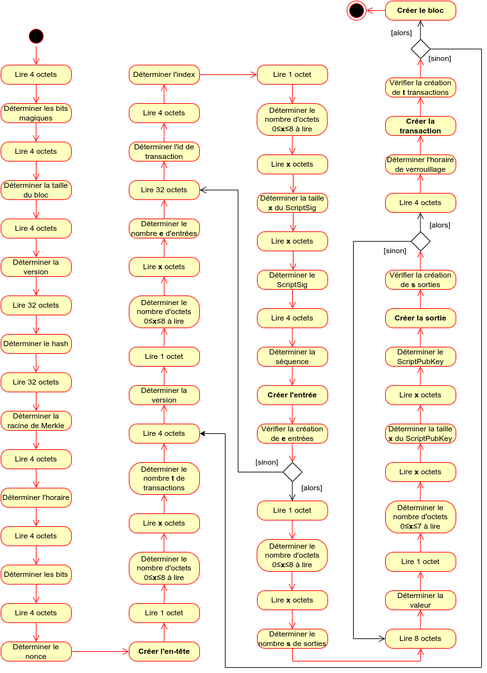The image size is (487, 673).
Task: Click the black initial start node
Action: (x=36, y=36)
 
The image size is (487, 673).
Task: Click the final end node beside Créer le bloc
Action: (x=356, y=10)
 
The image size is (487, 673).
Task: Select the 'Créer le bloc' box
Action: (x=420, y=10)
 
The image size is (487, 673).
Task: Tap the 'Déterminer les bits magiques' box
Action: (x=36, y=113)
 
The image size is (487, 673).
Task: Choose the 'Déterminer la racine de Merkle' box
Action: (x=36, y=420)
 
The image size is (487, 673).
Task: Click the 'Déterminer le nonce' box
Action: (x=36, y=651)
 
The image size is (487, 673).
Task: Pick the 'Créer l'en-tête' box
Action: (x=164, y=651)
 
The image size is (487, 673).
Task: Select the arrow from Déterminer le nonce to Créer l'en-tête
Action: (x=100, y=651)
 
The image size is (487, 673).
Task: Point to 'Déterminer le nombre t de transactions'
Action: (x=164, y=478)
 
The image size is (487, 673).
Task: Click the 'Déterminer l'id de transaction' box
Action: (x=164, y=151)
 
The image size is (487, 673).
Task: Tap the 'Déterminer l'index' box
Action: (x=164, y=74)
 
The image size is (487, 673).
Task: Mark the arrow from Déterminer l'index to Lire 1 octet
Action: (x=228, y=74)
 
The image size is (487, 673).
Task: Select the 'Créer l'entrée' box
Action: (x=292, y=395)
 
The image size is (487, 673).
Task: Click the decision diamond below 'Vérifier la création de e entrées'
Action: (x=292, y=472)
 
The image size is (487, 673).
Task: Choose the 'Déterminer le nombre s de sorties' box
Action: (x=292, y=638)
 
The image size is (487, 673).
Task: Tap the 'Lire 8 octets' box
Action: (x=420, y=638)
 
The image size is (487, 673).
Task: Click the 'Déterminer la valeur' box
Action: (x=420, y=600)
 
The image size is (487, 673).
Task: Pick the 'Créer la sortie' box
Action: (x=420, y=318)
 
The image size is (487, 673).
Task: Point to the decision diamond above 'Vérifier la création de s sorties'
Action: (x=420, y=242)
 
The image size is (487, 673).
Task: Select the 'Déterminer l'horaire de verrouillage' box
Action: (x=420, y=164)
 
